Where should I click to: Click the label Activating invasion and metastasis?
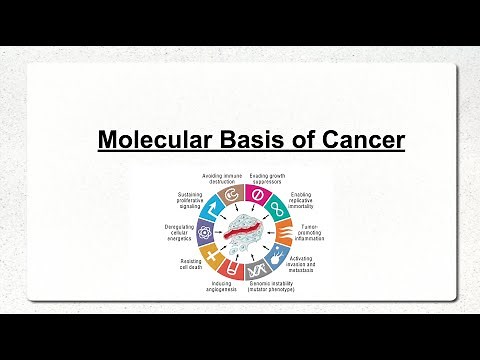click(x=310, y=263)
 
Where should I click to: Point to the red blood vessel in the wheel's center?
click(x=244, y=232)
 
